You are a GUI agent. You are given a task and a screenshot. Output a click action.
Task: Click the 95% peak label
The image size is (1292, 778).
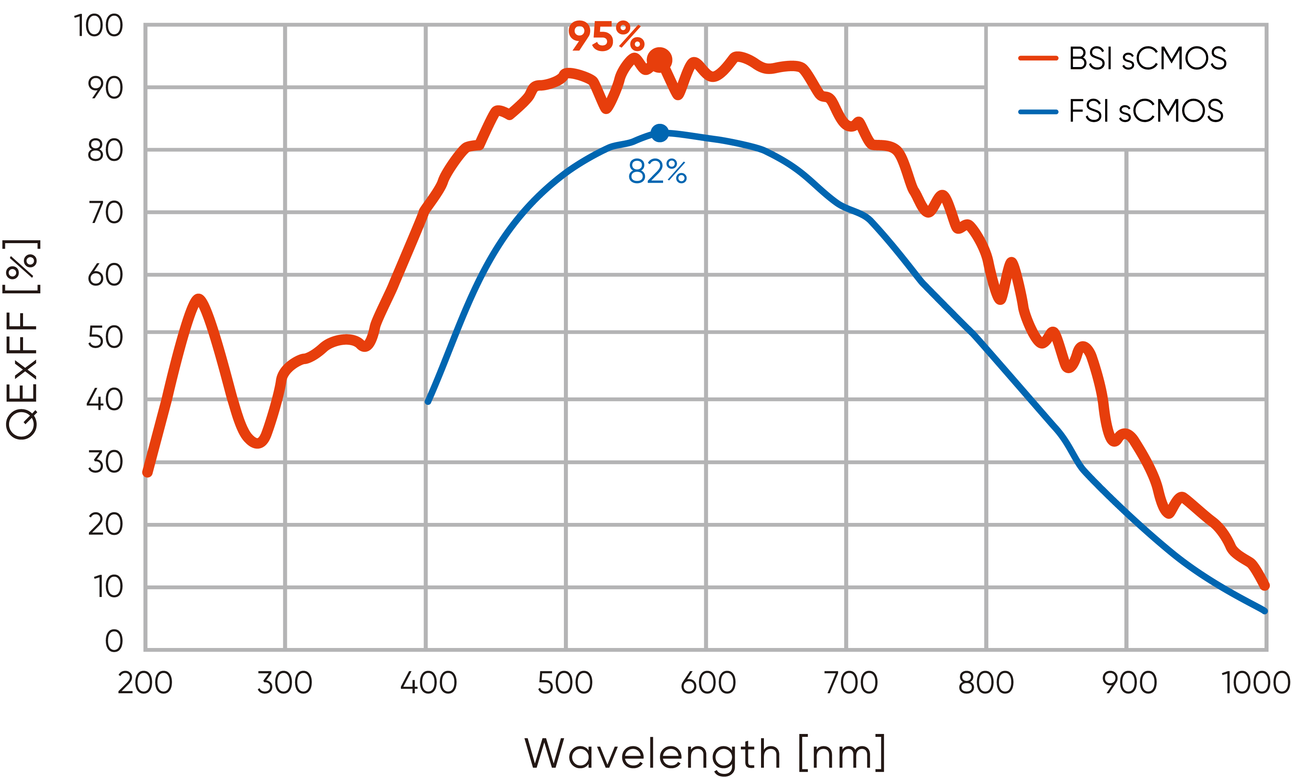click(x=605, y=36)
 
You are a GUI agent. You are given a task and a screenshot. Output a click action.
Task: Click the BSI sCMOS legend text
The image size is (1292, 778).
click(x=1147, y=58)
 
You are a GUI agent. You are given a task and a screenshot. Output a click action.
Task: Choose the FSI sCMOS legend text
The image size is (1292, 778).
click(x=1146, y=111)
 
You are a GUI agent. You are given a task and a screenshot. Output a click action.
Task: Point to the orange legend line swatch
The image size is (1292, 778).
click(x=1038, y=58)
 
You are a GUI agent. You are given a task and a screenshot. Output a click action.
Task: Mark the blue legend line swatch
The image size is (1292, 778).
click(x=1038, y=111)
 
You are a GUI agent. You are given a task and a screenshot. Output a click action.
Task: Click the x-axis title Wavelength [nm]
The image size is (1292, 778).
click(x=705, y=753)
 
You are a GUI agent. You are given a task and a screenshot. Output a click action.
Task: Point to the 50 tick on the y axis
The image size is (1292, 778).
click(x=105, y=338)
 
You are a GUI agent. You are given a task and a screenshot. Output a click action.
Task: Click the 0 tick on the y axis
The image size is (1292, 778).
click(x=114, y=641)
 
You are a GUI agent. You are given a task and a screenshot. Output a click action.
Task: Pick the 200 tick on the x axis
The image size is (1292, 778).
click(x=145, y=683)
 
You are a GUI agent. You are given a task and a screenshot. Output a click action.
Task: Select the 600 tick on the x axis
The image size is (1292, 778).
click(x=708, y=683)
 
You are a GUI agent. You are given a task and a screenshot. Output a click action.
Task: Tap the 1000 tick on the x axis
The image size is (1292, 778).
click(x=1255, y=683)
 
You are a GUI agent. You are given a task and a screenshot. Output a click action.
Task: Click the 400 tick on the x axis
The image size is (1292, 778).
click(x=428, y=683)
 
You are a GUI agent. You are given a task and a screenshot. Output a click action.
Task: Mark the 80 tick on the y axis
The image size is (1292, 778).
click(x=105, y=151)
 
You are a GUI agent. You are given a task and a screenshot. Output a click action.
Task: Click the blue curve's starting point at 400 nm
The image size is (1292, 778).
click(x=428, y=401)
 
